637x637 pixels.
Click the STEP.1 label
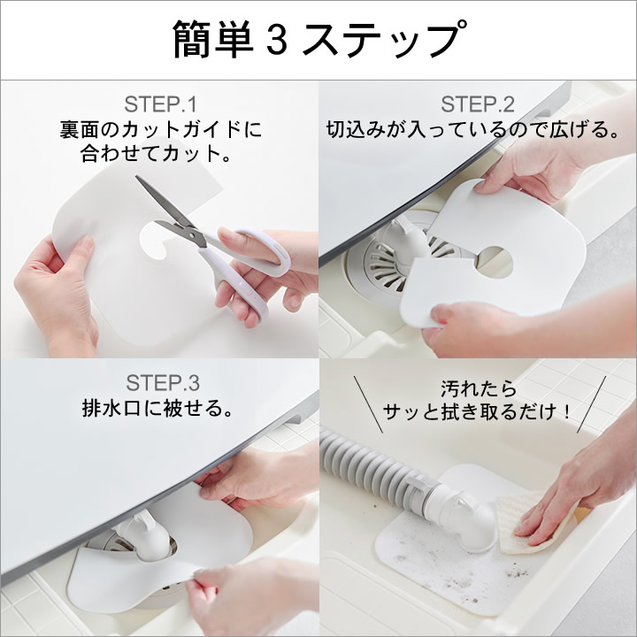click(x=160, y=104)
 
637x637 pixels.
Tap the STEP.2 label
click(x=478, y=104)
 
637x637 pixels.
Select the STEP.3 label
click(x=163, y=383)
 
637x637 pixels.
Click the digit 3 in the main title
click(x=277, y=40)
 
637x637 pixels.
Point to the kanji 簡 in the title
click(x=193, y=40)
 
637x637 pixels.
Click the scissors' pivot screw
click(x=191, y=234)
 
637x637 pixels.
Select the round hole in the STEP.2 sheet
click(x=495, y=262)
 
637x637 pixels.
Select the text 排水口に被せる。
click(x=158, y=408)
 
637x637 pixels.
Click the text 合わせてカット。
click(x=156, y=154)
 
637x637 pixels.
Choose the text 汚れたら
click(x=478, y=389)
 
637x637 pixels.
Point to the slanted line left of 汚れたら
click(x=368, y=404)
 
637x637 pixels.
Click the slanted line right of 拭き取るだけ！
click(x=592, y=404)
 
